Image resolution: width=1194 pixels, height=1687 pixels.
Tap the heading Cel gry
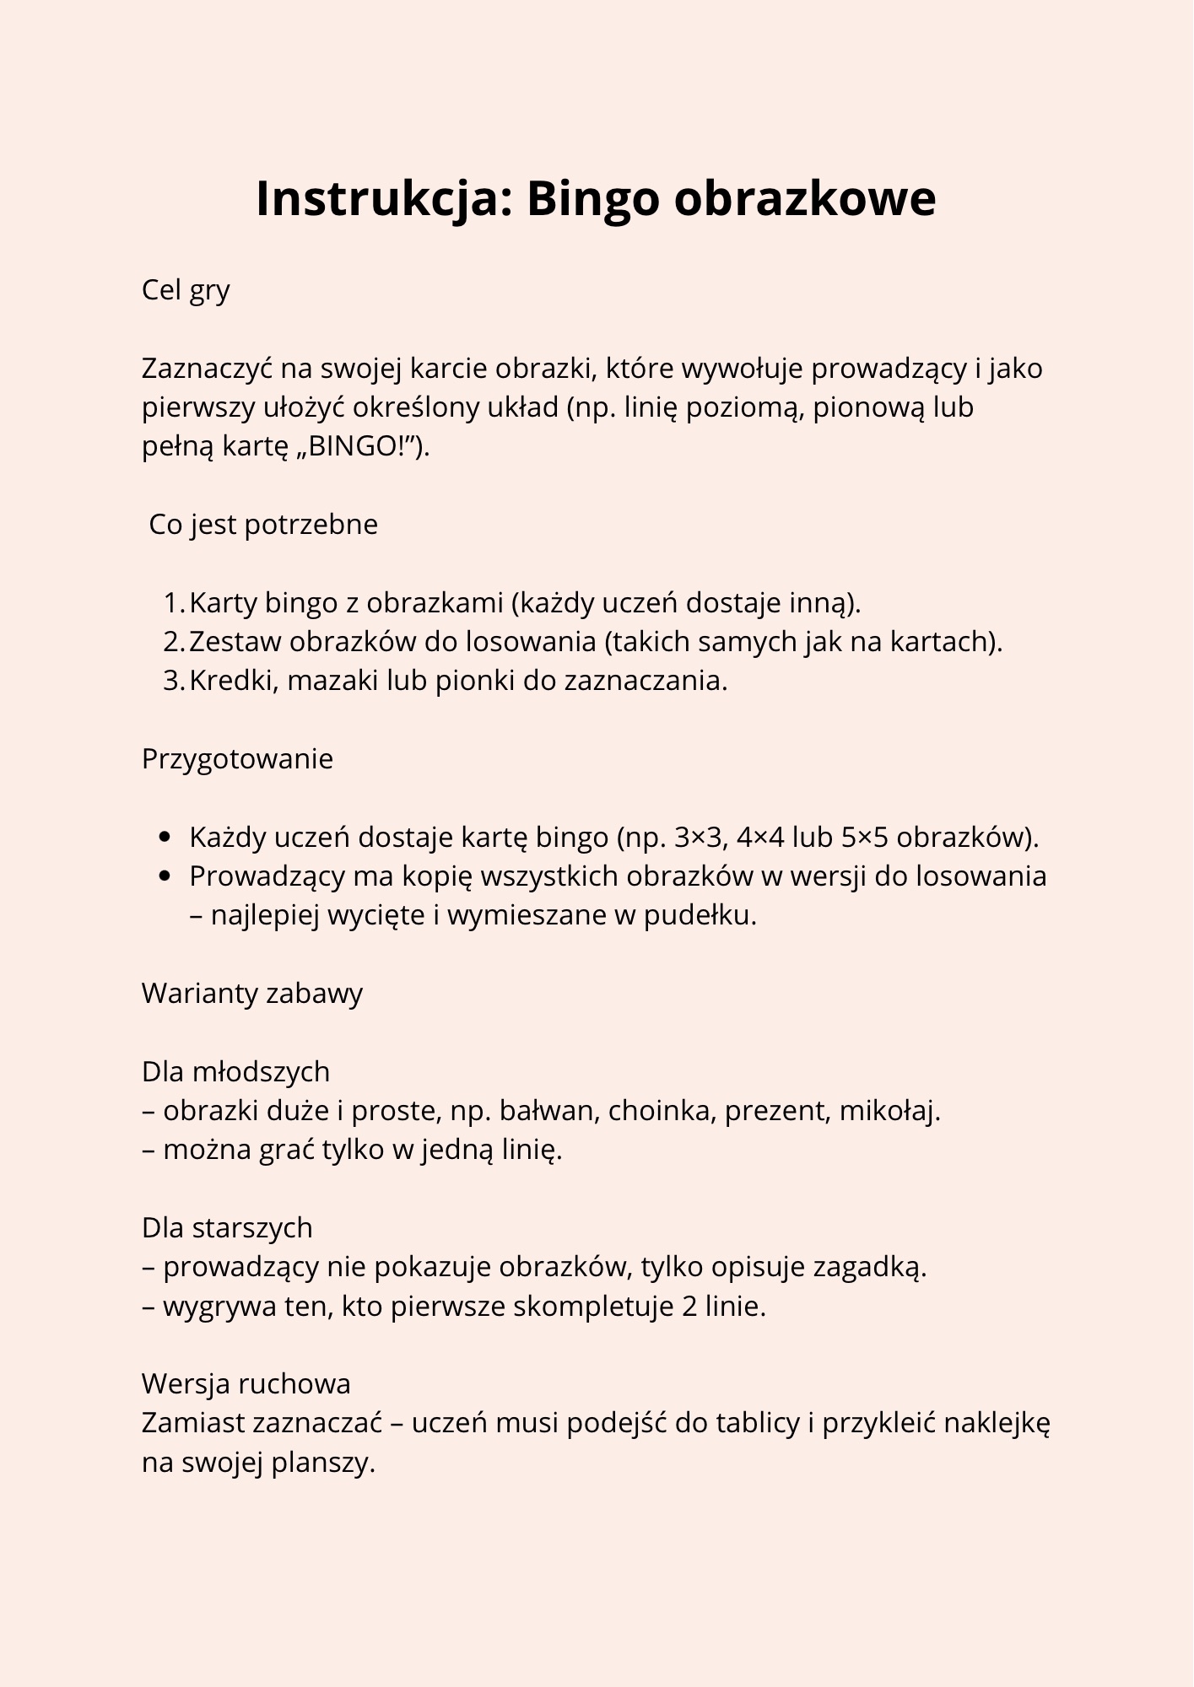pyautogui.click(x=186, y=290)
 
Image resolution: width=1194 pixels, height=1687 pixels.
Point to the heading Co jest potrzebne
pyautogui.click(x=263, y=525)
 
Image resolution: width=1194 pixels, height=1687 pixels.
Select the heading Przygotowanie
pyautogui.click(x=237, y=759)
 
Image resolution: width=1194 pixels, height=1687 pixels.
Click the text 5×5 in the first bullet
pyautogui.click(x=864, y=838)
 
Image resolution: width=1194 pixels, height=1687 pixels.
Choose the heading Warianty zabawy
pyautogui.click(x=251, y=994)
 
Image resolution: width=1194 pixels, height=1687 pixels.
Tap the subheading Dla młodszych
pyautogui.click(x=235, y=1072)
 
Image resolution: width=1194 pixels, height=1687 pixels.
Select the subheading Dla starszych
pyautogui.click(x=227, y=1228)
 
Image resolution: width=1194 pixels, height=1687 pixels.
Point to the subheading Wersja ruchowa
pyautogui.click(x=246, y=1384)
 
